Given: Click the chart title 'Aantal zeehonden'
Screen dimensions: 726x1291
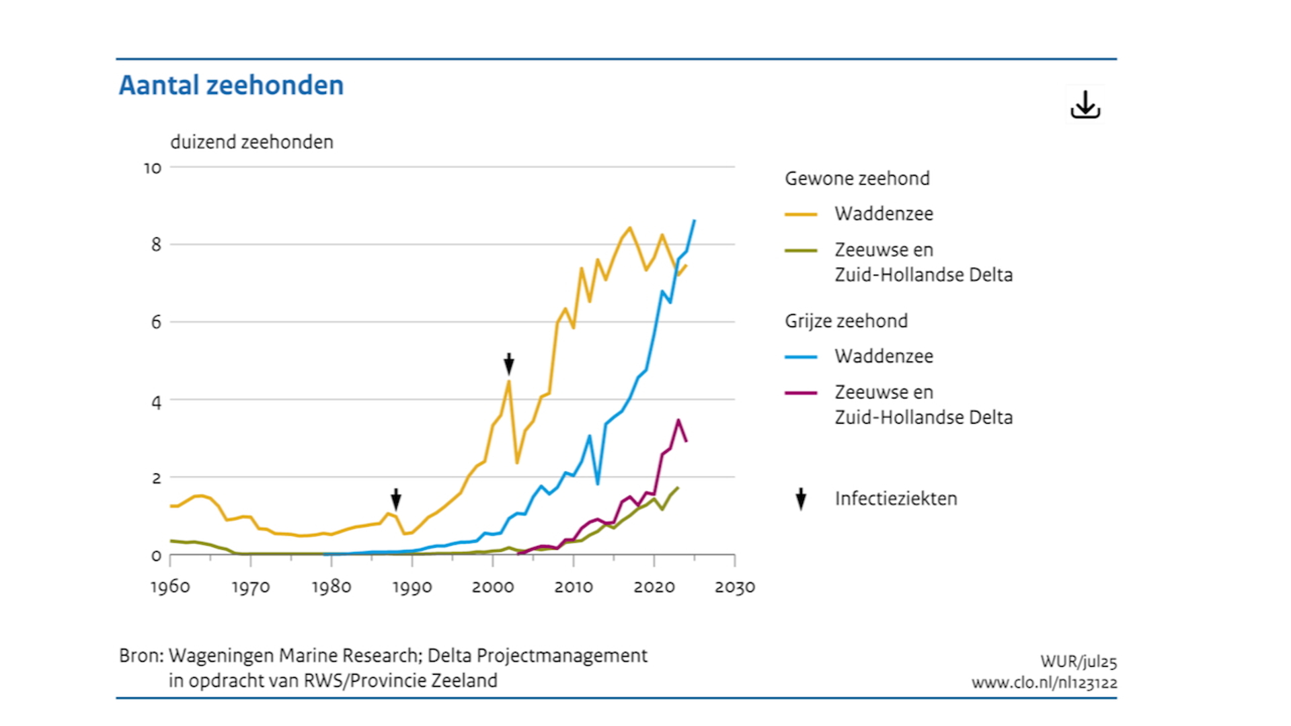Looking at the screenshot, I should click(231, 85).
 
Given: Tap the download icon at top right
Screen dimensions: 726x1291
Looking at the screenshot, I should click(1085, 106).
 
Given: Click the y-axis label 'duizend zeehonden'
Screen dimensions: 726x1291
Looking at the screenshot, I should click(251, 142).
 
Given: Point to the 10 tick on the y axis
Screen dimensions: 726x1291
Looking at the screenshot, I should click(153, 168).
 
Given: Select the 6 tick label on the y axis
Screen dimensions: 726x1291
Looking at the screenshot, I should click(156, 322).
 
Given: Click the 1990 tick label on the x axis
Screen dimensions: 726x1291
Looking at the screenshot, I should click(412, 587).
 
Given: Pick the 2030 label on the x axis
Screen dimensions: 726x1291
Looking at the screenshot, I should click(734, 587).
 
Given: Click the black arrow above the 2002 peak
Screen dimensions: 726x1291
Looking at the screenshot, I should click(509, 364).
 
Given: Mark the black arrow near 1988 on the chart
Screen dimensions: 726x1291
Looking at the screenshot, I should click(396, 499).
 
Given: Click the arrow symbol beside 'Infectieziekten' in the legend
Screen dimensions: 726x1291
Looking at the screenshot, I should click(800, 499).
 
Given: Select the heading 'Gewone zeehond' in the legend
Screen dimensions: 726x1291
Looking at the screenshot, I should click(857, 178).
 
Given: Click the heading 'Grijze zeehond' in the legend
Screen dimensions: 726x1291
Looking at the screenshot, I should click(846, 321).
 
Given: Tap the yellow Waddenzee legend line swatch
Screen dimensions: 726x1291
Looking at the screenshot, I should click(800, 214).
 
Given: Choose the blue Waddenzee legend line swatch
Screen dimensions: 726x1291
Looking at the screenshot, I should click(800, 357).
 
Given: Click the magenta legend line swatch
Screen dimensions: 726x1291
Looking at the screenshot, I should click(800, 393).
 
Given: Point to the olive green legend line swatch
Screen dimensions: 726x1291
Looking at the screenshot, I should click(800, 251).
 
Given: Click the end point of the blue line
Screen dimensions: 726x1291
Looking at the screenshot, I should click(695, 220).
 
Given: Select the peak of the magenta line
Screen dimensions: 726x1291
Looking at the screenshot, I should click(678, 420).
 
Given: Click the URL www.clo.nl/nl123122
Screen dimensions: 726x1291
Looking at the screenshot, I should click(1044, 683).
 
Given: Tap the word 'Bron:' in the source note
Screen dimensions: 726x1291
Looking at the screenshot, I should click(141, 655).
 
